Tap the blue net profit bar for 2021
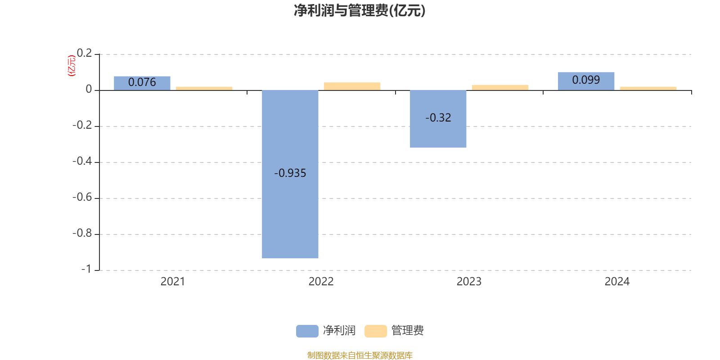tap(142, 83)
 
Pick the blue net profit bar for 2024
tap(586, 81)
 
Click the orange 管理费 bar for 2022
tap(352, 86)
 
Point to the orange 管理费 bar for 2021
tap(204, 88)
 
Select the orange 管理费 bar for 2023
tap(500, 87)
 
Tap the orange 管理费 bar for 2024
tap(648, 88)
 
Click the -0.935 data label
tap(290, 173)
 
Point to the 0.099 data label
tap(586, 80)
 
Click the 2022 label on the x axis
tap(321, 282)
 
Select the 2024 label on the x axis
tap(617, 282)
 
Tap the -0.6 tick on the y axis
tap(82, 198)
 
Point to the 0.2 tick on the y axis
tap(84, 54)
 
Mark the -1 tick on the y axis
tap(86, 269)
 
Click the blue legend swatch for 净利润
tap(307, 331)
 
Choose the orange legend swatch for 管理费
tap(375, 331)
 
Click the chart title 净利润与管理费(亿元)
tap(360, 11)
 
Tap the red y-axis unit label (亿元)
tap(71, 66)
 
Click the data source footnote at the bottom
tap(360, 355)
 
